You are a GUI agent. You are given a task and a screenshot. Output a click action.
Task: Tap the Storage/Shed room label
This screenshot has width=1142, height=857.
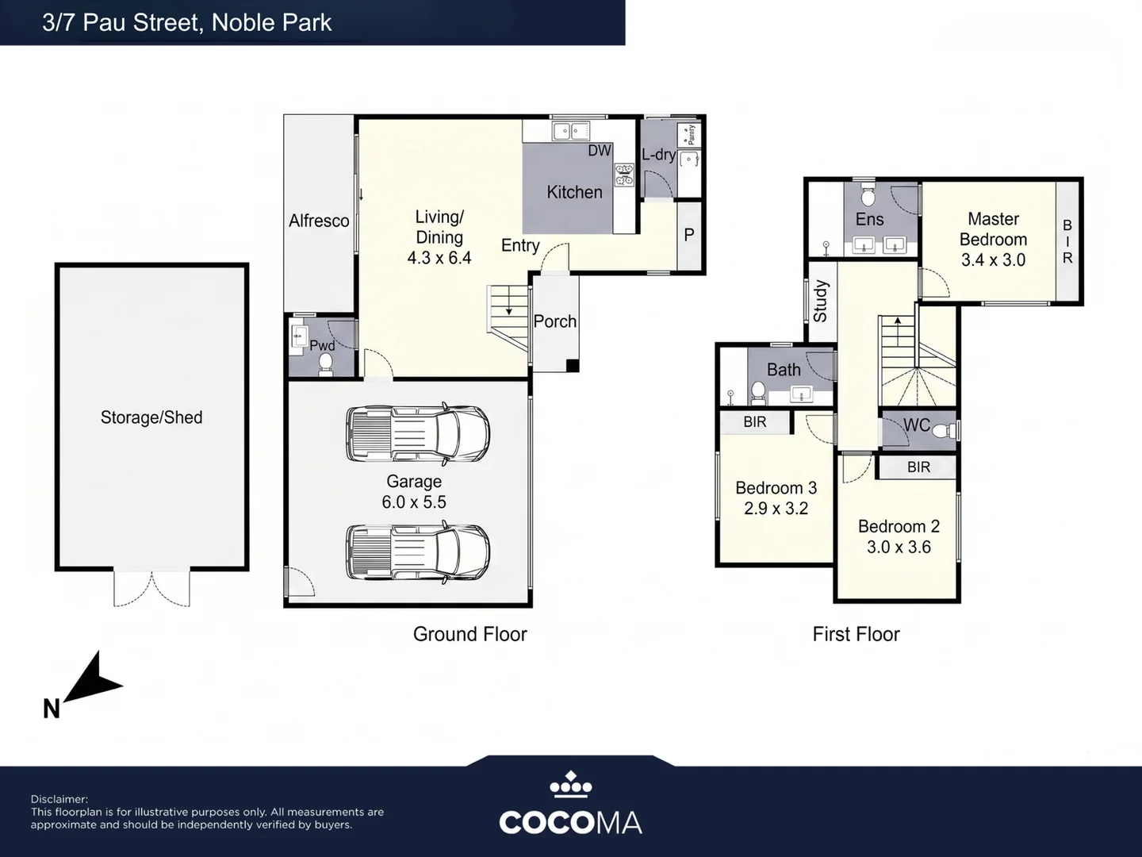tap(151, 417)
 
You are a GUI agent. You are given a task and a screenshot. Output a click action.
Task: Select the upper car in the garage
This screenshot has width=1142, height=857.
tap(418, 433)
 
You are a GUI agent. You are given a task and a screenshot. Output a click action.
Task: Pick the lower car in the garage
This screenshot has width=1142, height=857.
tap(418, 551)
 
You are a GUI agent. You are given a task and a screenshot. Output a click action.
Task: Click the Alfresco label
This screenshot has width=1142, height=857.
tap(319, 221)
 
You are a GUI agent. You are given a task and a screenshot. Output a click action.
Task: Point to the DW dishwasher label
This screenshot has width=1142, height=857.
tap(600, 151)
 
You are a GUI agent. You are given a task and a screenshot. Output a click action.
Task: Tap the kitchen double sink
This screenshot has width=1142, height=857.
tap(571, 131)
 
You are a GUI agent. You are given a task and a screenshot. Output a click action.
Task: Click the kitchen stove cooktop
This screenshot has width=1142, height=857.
tap(624, 175)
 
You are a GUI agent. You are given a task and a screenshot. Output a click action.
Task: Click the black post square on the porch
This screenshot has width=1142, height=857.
tap(573, 366)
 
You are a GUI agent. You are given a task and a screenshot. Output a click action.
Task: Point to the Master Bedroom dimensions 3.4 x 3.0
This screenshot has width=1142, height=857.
tap(993, 259)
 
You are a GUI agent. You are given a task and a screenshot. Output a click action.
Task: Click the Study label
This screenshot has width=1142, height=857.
tap(820, 302)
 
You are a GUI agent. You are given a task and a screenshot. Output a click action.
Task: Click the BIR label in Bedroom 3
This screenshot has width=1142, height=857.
tap(755, 422)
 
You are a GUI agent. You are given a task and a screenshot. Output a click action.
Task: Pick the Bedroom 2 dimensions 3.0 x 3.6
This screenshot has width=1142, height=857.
tap(899, 547)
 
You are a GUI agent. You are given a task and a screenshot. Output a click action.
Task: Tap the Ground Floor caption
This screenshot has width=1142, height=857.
tap(469, 634)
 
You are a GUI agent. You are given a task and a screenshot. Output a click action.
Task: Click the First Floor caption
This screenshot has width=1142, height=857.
tap(856, 634)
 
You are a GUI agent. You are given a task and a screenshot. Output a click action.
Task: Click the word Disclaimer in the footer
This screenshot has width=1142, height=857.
tap(59, 799)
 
